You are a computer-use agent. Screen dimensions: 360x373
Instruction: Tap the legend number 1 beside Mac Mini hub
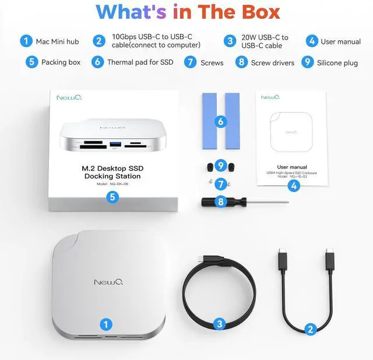click(x=26, y=41)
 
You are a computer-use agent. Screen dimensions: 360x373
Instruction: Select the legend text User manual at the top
click(x=340, y=41)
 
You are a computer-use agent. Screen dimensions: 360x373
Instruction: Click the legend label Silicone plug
click(x=337, y=62)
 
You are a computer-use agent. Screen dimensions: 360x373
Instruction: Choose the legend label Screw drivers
click(x=272, y=62)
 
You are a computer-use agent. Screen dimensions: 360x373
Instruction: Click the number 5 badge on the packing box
click(x=113, y=197)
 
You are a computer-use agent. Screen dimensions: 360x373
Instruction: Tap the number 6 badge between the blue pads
click(x=220, y=122)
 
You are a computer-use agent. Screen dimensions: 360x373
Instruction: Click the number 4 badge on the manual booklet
click(x=294, y=186)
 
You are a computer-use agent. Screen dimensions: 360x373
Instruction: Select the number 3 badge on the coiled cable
click(x=220, y=323)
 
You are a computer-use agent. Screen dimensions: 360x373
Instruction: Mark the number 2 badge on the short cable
click(x=311, y=329)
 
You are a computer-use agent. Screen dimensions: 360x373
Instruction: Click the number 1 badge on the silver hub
click(x=105, y=323)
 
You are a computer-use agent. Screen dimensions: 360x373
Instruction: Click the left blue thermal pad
click(x=207, y=119)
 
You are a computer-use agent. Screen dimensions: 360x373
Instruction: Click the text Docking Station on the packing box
click(x=112, y=176)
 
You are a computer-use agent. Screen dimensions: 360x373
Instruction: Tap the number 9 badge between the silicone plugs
click(x=220, y=165)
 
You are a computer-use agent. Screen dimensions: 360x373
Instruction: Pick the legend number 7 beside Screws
click(x=190, y=62)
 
